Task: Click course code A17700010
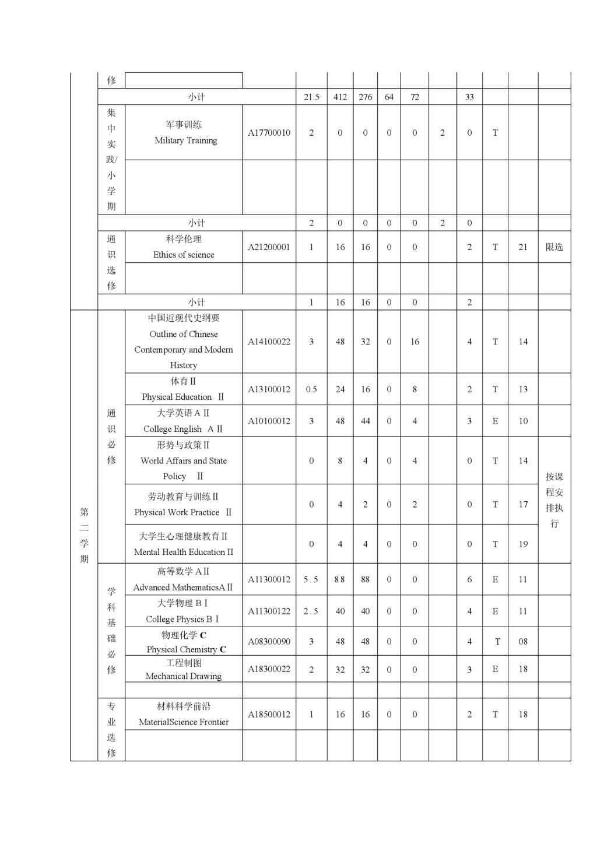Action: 269,133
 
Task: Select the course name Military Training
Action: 185,140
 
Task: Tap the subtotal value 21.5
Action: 311,97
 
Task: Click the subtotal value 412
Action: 340,97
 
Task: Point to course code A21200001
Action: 269,247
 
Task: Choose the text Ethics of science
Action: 184,255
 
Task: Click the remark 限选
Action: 554,247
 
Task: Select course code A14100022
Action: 269,342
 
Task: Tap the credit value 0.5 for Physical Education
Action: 311,389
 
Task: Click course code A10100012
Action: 269,421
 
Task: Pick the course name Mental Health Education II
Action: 184,552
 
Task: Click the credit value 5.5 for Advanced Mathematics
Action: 311,580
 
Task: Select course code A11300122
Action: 269,611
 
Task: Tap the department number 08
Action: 523,642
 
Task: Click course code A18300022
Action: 269,669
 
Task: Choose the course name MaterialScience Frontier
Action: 184,722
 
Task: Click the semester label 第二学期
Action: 85,535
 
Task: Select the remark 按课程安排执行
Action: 554,500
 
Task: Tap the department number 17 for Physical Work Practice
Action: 523,505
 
